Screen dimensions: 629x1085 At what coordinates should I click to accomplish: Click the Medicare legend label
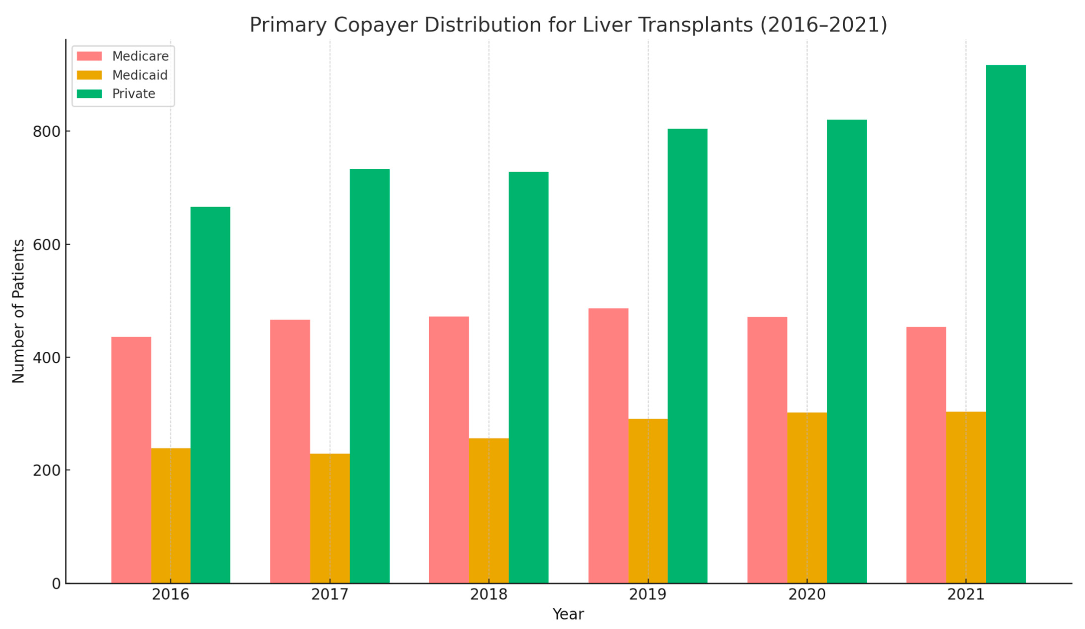140,56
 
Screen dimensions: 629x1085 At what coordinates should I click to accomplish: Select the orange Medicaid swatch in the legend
89,75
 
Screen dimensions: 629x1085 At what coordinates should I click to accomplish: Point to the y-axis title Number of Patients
18,311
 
